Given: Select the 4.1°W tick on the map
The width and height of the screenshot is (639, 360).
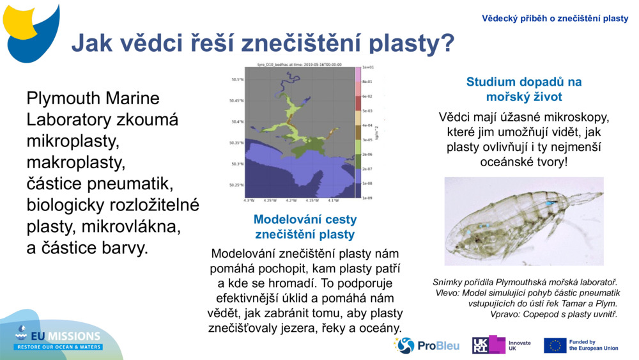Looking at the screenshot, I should (333, 200).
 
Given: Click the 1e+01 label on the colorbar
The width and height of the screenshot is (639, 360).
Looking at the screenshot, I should (367, 67).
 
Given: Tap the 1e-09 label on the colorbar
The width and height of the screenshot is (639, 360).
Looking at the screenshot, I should (367, 198).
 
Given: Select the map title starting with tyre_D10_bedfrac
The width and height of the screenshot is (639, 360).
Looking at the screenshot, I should (299, 64).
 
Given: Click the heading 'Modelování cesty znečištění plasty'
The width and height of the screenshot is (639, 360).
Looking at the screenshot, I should (305, 227).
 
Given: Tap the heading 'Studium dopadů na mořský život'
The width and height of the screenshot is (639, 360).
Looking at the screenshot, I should (523, 90).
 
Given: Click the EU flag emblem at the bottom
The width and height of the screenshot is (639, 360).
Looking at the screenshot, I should (555, 345).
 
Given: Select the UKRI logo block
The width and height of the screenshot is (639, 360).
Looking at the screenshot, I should (488, 345).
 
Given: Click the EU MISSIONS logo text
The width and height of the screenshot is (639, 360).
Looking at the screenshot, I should (67, 336).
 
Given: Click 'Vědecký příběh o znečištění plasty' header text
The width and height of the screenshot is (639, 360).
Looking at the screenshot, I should (555, 19).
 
